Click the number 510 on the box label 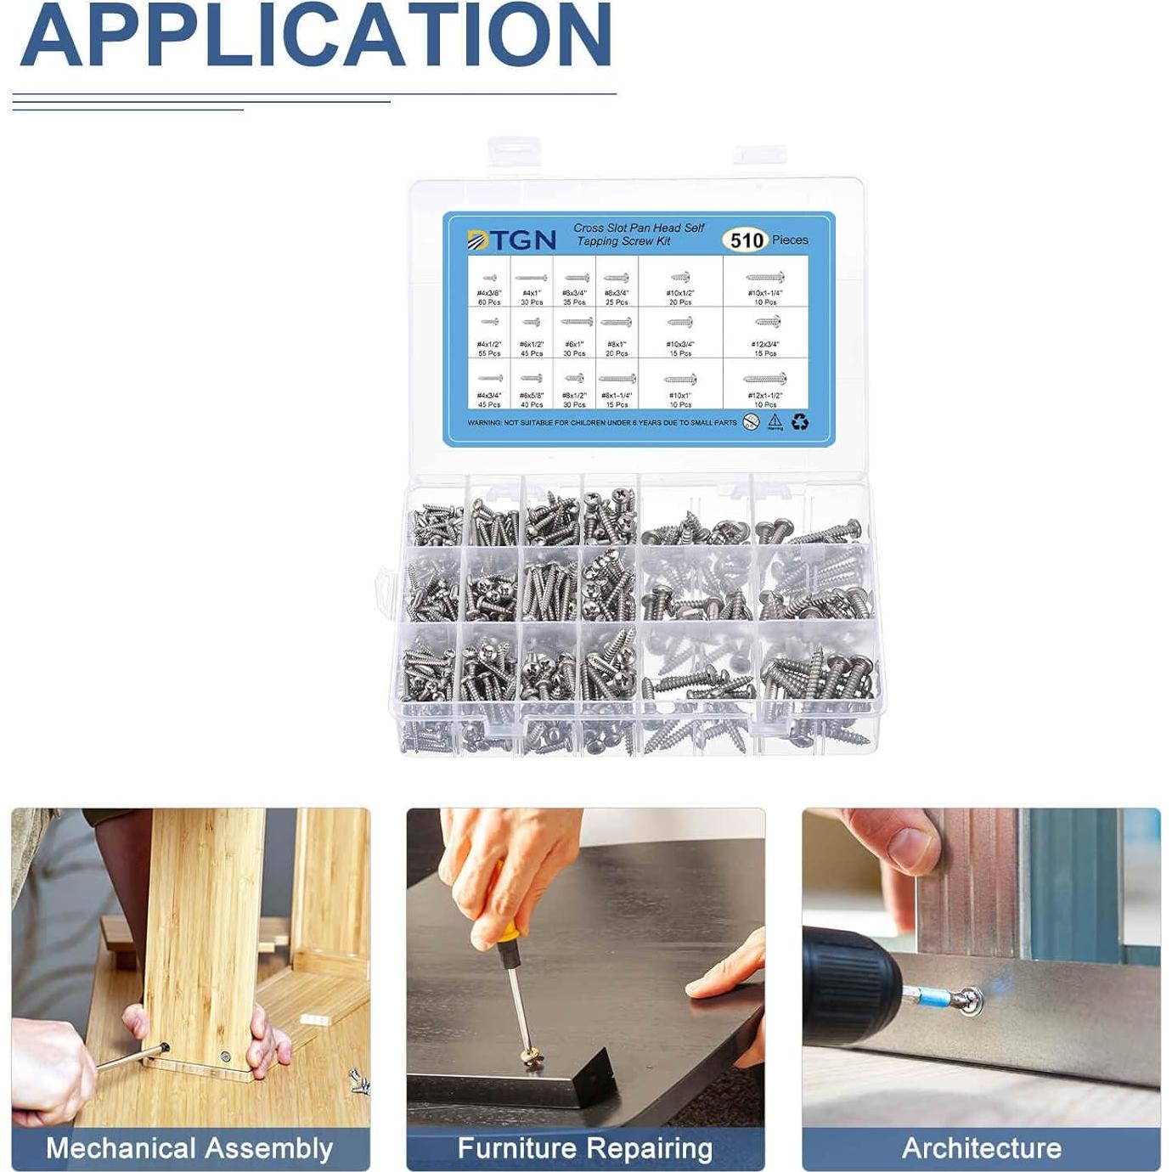747,240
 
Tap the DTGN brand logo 512,240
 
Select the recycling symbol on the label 800,422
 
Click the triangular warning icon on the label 775,421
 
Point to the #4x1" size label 532,293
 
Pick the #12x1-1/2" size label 765,396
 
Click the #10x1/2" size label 680,293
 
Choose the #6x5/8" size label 532,396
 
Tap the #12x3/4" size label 765,345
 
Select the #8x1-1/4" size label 617,396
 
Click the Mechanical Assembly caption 189,1148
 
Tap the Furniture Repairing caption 585,1148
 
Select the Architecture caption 982,1148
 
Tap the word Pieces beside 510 790,240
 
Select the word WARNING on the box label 484,423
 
